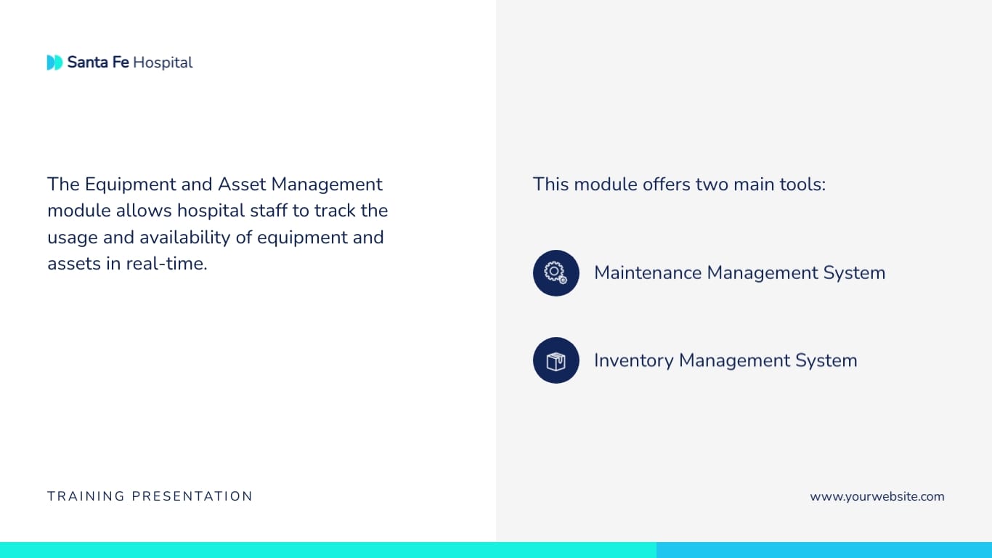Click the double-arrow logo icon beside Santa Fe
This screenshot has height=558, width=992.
pos(54,62)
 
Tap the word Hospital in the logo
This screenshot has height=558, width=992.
pos(163,62)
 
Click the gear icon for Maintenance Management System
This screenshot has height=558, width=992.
pos(556,273)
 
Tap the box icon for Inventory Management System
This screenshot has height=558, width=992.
pos(556,360)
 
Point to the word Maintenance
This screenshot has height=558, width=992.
pos(648,272)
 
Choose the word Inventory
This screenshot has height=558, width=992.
pos(633,360)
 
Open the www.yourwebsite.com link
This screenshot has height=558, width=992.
pos(877,496)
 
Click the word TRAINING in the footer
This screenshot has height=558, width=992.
pos(86,496)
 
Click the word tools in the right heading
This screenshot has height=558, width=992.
pos(802,185)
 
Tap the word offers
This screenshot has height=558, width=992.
pos(666,185)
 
